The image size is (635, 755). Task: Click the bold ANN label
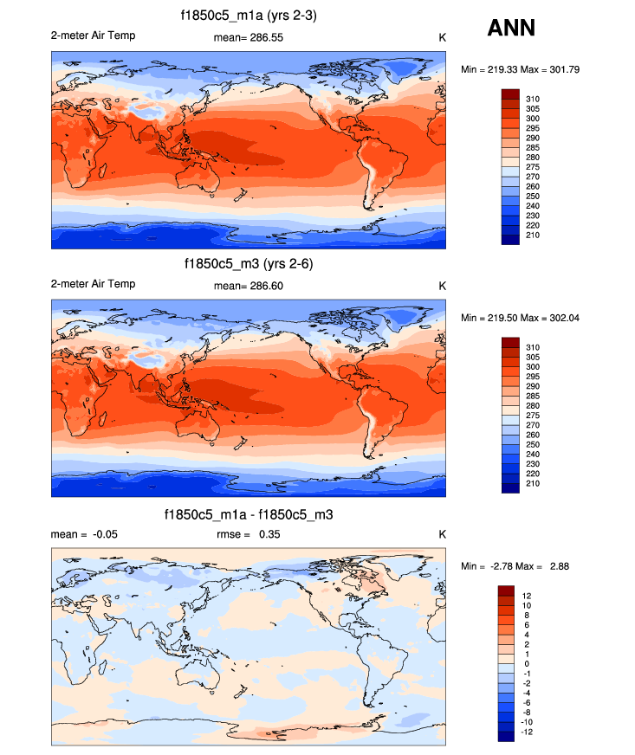pos(511,29)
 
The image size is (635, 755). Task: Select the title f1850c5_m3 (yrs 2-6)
pos(249,265)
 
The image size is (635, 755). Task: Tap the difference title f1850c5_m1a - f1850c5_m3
pos(249,514)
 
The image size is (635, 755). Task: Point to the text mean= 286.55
pos(249,37)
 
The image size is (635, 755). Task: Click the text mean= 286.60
pos(249,286)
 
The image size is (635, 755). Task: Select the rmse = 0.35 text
pos(249,535)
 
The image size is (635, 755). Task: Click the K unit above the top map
pos(442,37)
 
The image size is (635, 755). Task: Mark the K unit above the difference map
pos(442,535)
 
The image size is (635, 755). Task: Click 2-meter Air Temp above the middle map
pos(94,284)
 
